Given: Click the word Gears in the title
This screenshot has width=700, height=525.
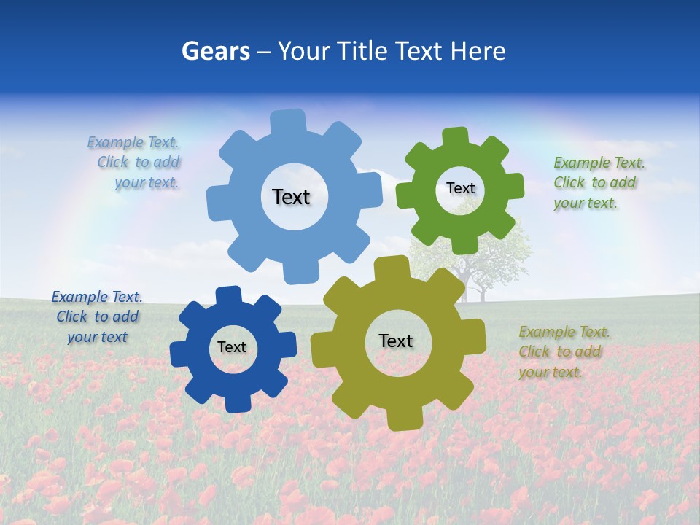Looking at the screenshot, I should tap(215, 51).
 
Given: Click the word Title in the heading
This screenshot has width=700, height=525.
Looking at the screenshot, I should tap(362, 51).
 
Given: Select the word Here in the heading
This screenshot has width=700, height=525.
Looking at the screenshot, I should tap(478, 51).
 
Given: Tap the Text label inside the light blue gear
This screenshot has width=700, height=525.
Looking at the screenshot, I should tap(291, 197).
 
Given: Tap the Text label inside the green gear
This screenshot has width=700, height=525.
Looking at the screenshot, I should tap(460, 188).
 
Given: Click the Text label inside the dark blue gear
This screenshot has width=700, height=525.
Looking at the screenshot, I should tap(232, 347).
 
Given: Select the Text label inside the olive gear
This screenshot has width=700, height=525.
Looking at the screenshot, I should tap(395, 341).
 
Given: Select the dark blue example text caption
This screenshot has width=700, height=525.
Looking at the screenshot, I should tap(97, 316).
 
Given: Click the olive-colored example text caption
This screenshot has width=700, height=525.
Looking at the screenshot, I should tap(561, 351).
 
